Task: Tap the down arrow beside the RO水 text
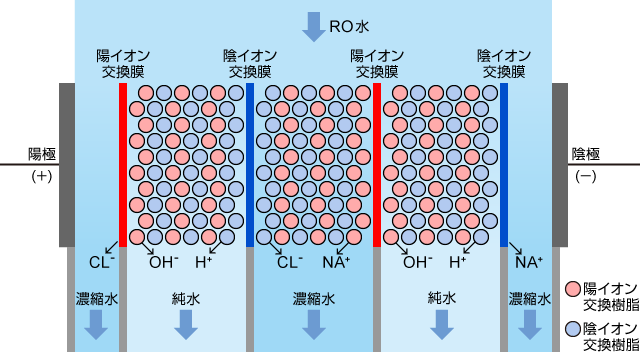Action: (314, 24)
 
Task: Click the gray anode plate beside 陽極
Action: (67, 165)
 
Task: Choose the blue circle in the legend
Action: (573, 328)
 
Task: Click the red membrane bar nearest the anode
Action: (123, 165)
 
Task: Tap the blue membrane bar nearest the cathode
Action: (504, 165)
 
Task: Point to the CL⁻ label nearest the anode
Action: (102, 263)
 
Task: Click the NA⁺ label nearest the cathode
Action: (528, 263)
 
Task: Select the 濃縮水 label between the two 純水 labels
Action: (314, 298)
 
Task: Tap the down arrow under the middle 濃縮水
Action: (314, 325)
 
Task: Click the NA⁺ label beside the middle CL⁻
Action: (335, 263)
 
